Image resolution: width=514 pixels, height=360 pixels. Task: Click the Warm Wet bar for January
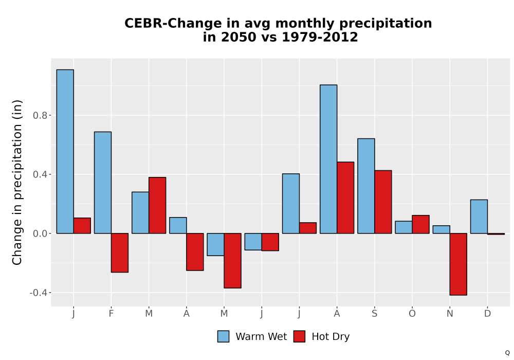click(65, 152)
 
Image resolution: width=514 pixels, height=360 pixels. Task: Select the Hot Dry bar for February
click(120, 253)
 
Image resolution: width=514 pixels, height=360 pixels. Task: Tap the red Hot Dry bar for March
click(157, 205)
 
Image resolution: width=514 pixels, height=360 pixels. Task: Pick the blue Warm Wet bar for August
click(328, 159)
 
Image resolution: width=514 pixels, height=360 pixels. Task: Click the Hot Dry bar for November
click(458, 264)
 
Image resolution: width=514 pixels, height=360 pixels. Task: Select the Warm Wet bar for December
click(479, 217)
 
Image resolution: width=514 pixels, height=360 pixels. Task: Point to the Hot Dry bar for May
click(233, 261)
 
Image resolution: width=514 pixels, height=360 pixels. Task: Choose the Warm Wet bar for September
click(366, 186)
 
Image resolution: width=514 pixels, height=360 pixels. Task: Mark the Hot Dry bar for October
click(420, 224)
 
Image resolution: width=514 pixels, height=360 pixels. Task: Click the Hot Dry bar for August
click(345, 197)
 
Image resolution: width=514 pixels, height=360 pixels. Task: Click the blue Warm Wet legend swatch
click(223, 336)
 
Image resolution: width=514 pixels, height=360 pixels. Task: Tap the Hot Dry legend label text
click(331, 337)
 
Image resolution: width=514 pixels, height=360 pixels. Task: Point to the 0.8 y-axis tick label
click(40, 115)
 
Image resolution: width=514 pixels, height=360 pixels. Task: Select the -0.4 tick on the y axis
click(38, 293)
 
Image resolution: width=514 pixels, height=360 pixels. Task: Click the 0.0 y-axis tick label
click(40, 234)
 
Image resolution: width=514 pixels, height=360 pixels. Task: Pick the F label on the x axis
click(111, 314)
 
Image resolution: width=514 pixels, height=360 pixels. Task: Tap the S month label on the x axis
click(374, 314)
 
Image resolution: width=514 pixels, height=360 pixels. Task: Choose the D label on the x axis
click(487, 314)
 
